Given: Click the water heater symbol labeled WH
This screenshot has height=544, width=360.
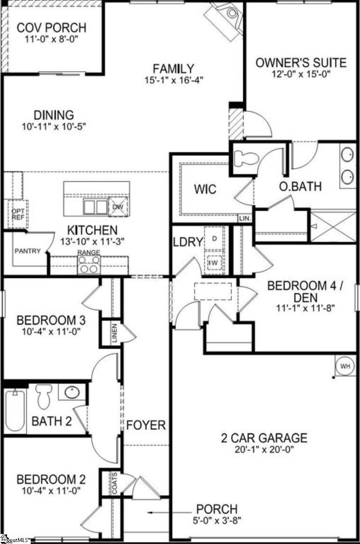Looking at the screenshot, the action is coord(345,366).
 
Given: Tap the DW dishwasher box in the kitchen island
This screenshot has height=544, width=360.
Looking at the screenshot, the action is coord(118,207).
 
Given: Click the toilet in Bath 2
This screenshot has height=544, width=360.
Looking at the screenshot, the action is coord(44,396).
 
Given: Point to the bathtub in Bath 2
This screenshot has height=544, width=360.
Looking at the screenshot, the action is coord(15,410).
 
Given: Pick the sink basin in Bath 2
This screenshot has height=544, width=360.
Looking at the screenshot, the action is coord(72,392).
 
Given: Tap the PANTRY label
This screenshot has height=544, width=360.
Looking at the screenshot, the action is coord(27,251).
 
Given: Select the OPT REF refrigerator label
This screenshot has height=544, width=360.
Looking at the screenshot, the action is coord(18,215).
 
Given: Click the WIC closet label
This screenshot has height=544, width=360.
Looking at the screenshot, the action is coord(205,189).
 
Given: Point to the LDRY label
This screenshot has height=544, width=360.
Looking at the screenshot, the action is coord(188,242).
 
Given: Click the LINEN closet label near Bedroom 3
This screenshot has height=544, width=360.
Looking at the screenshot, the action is coord(114,333).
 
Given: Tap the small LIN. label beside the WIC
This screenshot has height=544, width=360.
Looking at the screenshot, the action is coord(245,218).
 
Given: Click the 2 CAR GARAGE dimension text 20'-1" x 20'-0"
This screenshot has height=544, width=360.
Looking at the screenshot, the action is coord(264,449).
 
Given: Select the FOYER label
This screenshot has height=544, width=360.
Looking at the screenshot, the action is coord(146,425).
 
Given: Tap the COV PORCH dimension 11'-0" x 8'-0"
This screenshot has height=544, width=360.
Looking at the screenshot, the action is coord(52,39).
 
